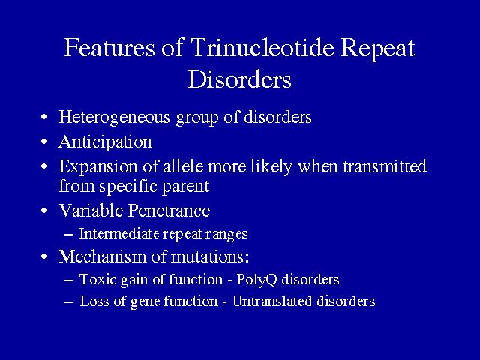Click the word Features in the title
point(109,47)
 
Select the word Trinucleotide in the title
point(262,47)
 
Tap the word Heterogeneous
point(114,118)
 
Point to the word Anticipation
point(106,142)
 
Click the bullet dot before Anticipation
point(44,142)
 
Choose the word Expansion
point(98,167)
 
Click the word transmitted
point(385,166)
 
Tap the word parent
point(185,187)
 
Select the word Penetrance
point(169,211)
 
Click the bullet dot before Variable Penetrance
point(44,211)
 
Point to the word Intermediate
point(119,233)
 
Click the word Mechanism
point(109,256)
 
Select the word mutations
point(210,256)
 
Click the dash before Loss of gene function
point(68,302)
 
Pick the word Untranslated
point(272,301)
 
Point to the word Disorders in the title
point(240,79)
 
